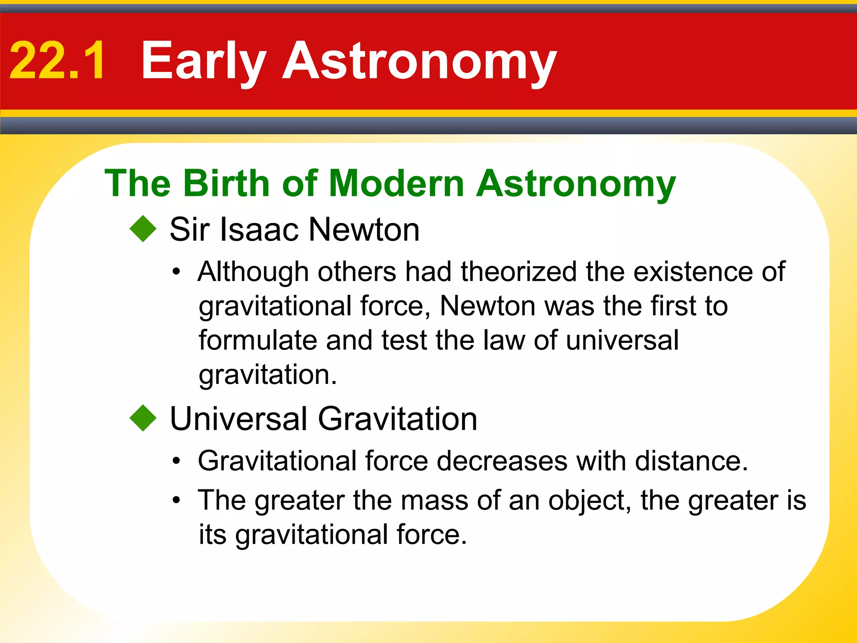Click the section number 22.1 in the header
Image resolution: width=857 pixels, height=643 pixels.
(57, 61)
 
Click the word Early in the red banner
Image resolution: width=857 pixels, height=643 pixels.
(203, 61)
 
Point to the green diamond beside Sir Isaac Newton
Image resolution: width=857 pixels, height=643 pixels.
(143, 229)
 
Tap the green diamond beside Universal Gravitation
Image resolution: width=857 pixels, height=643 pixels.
(143, 418)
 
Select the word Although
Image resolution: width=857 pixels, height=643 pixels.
(253, 272)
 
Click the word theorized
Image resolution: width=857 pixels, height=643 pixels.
(518, 272)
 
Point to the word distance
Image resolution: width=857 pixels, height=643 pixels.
(691, 461)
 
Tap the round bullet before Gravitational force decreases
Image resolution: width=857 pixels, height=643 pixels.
(177, 461)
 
